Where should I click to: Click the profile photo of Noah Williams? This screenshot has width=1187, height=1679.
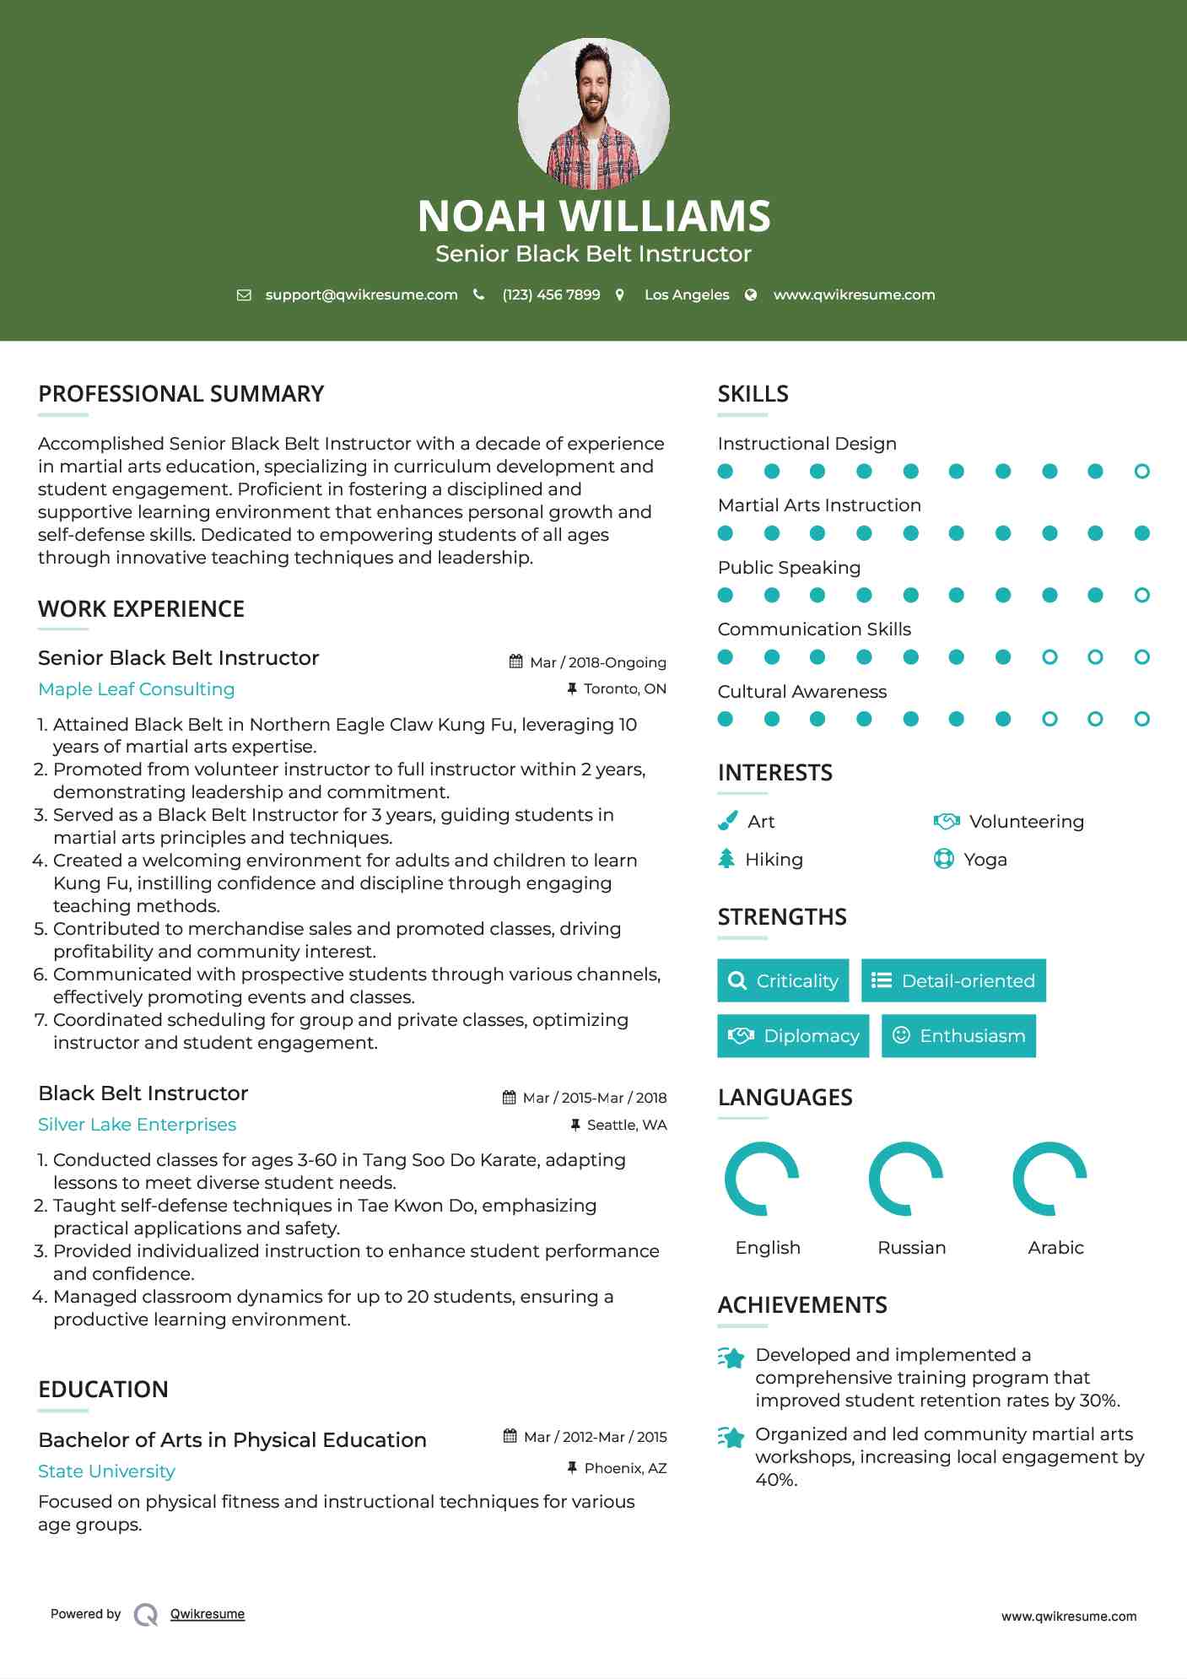[593, 113]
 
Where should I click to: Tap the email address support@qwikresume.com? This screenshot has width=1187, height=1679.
[361, 294]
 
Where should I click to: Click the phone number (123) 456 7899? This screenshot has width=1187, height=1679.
[551, 294]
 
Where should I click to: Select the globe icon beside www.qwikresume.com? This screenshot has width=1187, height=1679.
[751, 294]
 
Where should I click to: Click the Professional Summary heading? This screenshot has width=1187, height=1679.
[181, 394]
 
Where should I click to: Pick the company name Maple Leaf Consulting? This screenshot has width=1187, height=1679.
[137, 689]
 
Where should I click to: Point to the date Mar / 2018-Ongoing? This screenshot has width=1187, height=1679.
[597, 662]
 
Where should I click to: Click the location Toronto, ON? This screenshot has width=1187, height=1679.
[624, 688]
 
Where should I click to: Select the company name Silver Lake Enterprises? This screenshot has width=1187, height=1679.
[137, 1125]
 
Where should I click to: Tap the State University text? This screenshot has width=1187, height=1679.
[106, 1471]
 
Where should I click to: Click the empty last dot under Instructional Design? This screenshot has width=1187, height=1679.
[1141, 472]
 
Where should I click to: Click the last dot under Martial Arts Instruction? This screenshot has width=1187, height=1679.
[1141, 533]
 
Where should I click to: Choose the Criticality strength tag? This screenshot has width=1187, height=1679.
[783, 980]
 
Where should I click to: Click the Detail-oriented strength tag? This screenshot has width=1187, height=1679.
[953, 980]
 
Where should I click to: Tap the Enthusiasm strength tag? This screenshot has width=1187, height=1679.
[958, 1035]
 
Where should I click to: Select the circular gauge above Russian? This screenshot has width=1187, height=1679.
[905, 1179]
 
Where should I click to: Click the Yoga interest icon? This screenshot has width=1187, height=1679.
[943, 859]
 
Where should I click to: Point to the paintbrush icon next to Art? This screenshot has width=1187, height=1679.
[727, 821]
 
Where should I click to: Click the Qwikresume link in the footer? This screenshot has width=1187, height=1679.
[208, 1614]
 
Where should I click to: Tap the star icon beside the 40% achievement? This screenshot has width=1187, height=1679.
[731, 1437]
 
